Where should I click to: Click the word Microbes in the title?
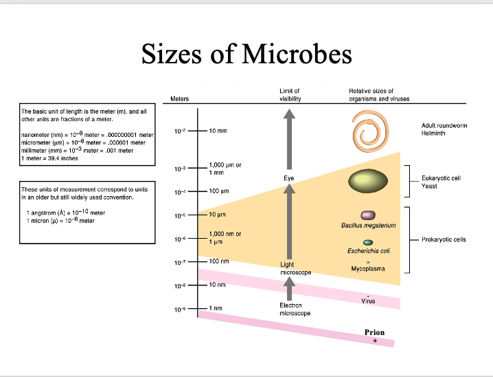point(297,54)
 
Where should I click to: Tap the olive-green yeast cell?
point(368,181)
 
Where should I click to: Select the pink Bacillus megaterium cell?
point(368,215)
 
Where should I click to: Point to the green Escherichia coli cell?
point(368,243)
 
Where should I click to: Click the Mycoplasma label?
point(368,269)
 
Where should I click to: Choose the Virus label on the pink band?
point(368,301)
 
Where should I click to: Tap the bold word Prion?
point(374,332)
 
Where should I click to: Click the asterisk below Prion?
point(375,341)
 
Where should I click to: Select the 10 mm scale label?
point(218,131)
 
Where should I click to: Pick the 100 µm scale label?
point(219,191)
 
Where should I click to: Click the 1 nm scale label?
point(216,308)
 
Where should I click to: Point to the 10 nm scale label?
point(217,285)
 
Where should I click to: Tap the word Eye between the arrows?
point(288,178)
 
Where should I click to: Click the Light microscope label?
point(295,268)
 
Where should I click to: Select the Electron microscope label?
point(295,310)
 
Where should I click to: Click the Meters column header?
point(179,99)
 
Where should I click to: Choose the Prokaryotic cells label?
point(444,239)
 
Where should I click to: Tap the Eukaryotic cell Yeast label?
point(441,182)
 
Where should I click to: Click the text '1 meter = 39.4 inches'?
point(49,158)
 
